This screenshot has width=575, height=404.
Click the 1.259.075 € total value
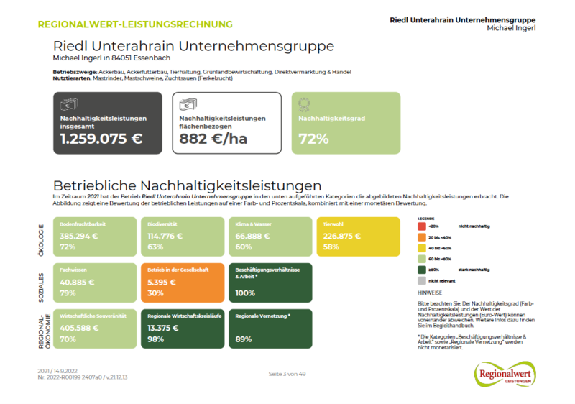click(101, 139)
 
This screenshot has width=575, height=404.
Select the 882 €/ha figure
click(213, 139)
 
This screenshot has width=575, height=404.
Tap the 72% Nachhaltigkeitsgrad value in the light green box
click(308, 139)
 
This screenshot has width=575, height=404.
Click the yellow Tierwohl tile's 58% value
click(332, 247)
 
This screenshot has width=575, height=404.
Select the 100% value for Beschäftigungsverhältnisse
click(246, 293)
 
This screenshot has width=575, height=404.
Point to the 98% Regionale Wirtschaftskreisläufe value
click(157, 339)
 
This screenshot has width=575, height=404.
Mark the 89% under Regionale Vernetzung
click(243, 339)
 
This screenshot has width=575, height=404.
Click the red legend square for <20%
click(421, 226)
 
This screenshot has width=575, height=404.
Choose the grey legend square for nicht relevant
click(421, 280)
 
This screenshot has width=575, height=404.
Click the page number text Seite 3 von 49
click(287, 375)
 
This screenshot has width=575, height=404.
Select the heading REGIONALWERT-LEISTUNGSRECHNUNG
click(135, 24)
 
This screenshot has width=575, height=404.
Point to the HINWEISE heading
click(431, 293)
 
